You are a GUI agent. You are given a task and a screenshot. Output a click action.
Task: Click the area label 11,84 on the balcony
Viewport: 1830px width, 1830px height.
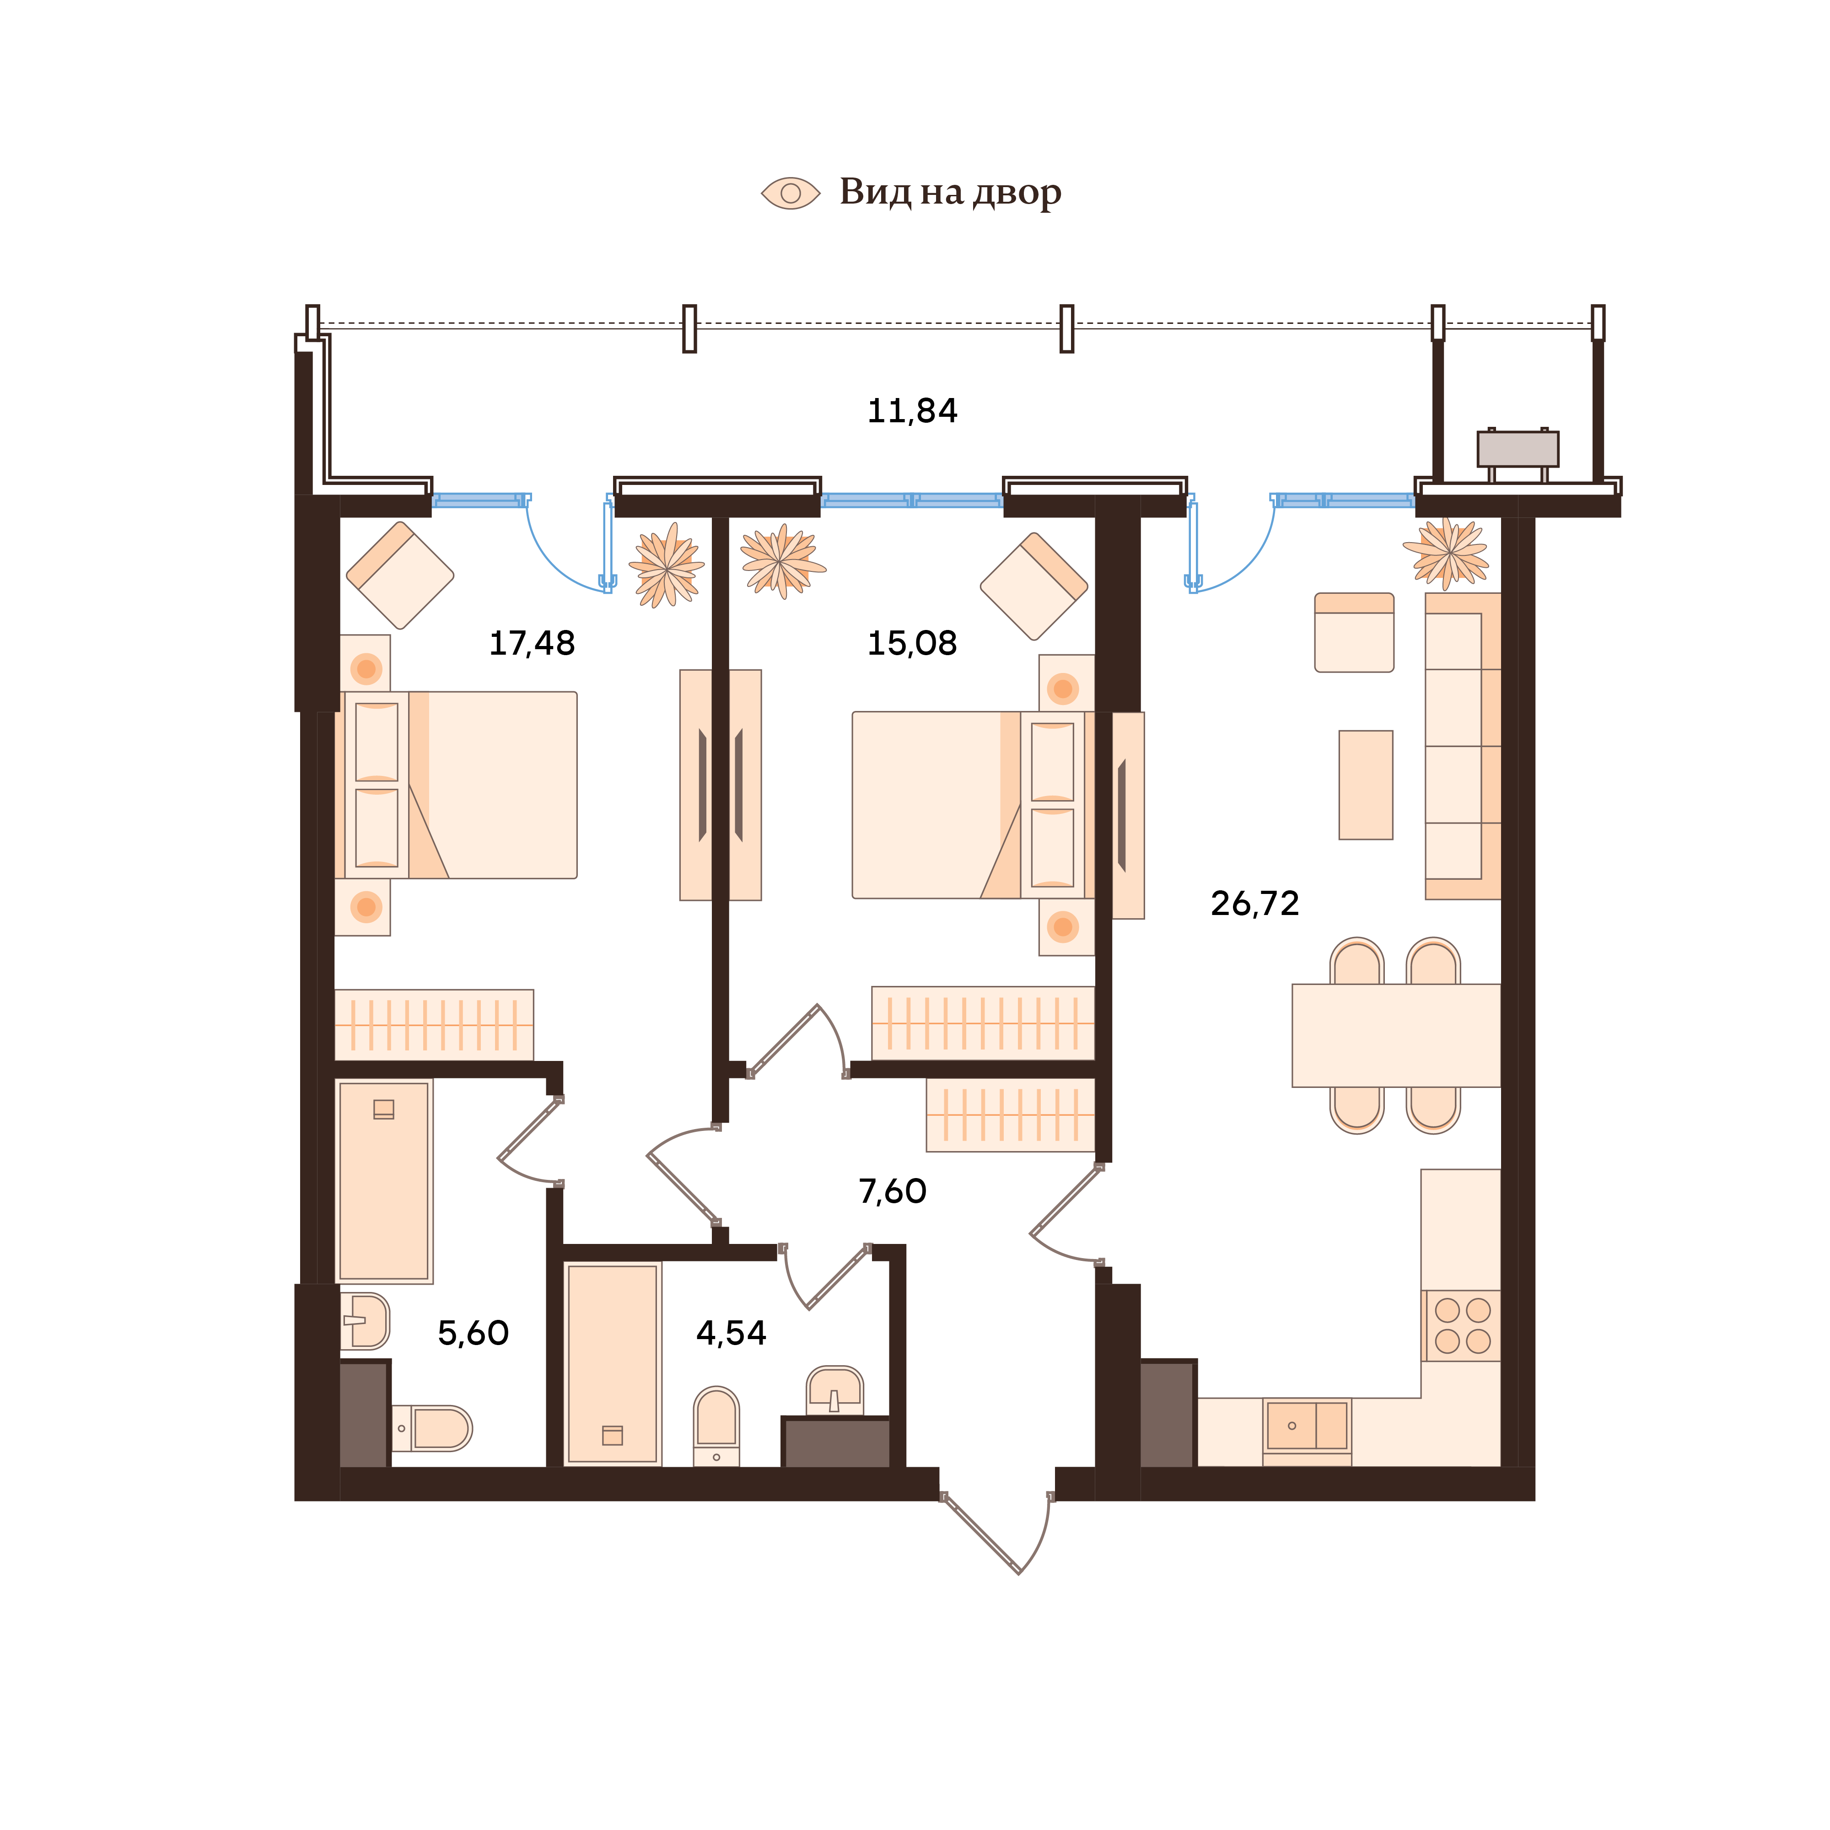point(912,411)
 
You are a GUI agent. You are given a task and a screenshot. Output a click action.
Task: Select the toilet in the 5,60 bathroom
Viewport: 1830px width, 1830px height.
point(434,1428)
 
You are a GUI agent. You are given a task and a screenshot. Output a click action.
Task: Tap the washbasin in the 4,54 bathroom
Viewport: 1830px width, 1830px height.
point(834,1390)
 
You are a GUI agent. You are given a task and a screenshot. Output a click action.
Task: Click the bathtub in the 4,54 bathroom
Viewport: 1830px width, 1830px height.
point(612,1364)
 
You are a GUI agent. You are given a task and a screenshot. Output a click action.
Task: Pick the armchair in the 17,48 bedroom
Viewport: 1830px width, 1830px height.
point(400,575)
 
